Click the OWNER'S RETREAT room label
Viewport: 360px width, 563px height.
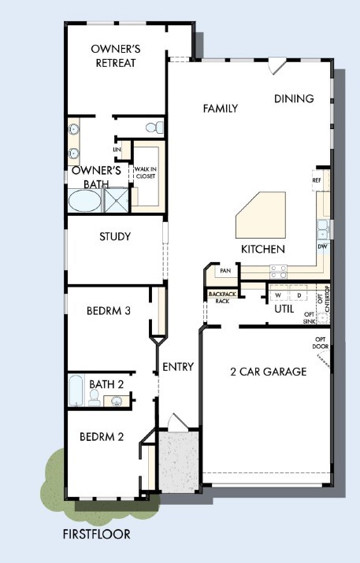tap(115, 55)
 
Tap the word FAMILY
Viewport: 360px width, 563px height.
tap(220, 108)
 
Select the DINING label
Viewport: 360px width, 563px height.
tap(294, 98)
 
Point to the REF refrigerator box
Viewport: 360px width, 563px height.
tap(317, 180)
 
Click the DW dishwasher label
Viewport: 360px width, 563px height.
tap(322, 246)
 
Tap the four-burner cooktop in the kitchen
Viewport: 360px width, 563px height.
tap(278, 271)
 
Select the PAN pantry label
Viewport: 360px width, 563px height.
tap(225, 271)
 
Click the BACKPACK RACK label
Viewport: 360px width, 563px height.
tap(218, 298)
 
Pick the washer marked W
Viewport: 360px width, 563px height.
tap(277, 295)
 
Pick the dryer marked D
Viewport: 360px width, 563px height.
tap(299, 295)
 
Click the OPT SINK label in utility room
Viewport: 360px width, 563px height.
tap(310, 318)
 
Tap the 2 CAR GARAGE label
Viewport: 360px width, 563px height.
tap(268, 372)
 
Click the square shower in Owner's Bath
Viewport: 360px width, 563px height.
tap(115, 200)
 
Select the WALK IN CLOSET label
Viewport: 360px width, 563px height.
tap(145, 172)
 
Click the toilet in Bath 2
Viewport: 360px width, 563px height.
tap(95, 400)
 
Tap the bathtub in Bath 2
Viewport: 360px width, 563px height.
tap(76, 390)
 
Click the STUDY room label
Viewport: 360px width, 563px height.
tap(115, 236)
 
